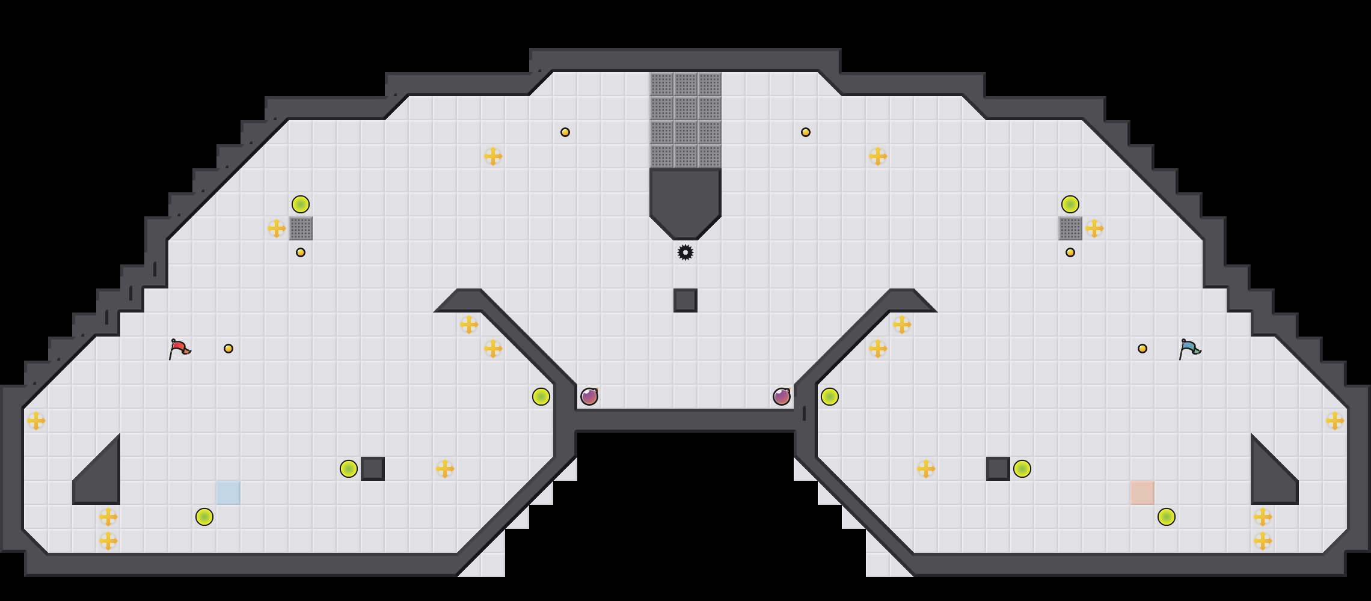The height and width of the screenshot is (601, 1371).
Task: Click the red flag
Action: coord(179,348)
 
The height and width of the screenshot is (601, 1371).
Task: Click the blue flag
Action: coord(1189,348)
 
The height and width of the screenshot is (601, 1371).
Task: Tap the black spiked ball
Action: coord(685,252)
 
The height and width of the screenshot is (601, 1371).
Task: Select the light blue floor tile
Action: coord(228,493)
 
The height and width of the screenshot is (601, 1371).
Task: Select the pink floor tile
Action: coord(1142,493)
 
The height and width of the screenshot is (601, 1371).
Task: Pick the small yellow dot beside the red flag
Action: coord(228,349)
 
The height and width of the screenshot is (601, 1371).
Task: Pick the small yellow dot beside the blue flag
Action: coord(1142,349)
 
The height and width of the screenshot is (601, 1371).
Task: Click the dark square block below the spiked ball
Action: coord(685,300)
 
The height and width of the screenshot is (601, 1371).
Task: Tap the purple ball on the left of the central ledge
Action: coord(589,397)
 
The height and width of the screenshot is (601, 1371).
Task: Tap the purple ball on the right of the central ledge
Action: coord(782,397)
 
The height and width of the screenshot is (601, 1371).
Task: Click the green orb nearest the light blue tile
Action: coord(204,517)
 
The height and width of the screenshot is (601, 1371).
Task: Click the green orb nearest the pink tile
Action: coord(1167,517)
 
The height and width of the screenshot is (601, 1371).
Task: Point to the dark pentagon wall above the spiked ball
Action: coord(685,198)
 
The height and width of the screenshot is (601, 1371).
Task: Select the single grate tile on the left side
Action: coord(301,228)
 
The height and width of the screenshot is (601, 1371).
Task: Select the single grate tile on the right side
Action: coord(1070,228)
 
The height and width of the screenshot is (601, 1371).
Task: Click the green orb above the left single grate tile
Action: coord(301,204)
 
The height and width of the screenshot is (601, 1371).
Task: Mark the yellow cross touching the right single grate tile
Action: coord(1094,228)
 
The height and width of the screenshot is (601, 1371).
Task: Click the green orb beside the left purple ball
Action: coord(541,397)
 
